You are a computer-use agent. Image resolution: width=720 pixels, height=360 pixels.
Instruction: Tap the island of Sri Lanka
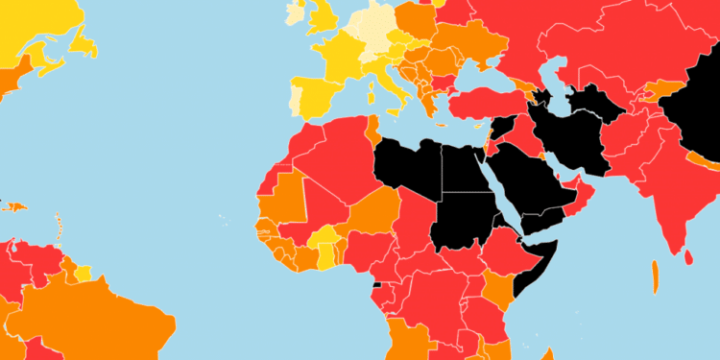click(x=690, y=256)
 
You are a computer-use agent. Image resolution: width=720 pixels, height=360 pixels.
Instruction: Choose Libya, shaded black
click(x=408, y=168)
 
